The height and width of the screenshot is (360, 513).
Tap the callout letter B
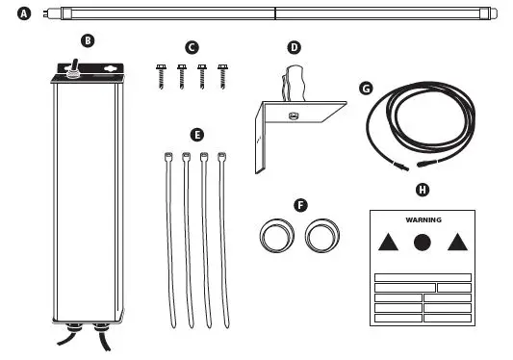click(88, 40)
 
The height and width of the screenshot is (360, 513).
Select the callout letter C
click(192, 46)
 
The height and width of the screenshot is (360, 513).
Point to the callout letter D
click(295, 46)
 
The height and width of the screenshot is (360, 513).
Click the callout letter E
click(197, 135)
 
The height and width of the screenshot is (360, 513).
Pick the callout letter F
click(300, 205)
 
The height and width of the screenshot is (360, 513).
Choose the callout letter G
click(365, 88)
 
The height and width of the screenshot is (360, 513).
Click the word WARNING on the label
click(423, 219)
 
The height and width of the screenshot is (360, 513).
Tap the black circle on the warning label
click(423, 243)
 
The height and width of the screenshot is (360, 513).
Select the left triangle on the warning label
click(387, 243)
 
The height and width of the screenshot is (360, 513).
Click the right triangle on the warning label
click(457, 243)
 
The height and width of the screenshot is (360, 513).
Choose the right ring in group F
click(321, 234)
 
